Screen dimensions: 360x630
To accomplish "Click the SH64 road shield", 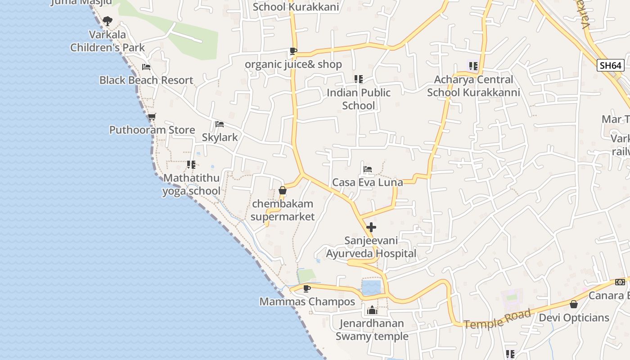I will click(x=611, y=65).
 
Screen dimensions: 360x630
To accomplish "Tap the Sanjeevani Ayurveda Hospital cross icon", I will click(x=371, y=227).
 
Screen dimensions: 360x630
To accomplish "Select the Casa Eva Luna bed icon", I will click(x=368, y=169).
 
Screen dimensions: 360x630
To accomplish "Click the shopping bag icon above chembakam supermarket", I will click(x=283, y=190).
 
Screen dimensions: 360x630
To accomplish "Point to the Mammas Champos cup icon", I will click(x=307, y=288).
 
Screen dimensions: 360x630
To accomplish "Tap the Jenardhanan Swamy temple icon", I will click(x=372, y=310).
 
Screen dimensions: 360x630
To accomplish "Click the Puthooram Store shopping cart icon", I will click(x=152, y=117).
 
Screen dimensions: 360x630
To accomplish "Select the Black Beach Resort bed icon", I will click(x=146, y=67).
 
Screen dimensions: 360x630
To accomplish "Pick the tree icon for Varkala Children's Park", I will click(x=108, y=21).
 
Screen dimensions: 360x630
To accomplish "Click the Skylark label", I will click(x=220, y=137).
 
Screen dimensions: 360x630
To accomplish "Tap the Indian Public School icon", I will click(x=358, y=79).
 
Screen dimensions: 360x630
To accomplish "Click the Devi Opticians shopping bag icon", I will click(x=574, y=305).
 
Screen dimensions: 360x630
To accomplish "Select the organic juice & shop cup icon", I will click(x=293, y=51).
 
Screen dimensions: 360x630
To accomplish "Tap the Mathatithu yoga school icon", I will click(x=191, y=165).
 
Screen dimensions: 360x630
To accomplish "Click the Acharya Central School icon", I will click(x=473, y=66).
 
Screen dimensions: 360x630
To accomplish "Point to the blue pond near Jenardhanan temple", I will click(x=371, y=287).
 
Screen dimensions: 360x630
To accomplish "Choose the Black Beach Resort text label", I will click(x=146, y=81).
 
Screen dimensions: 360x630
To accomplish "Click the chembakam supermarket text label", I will click(x=283, y=210).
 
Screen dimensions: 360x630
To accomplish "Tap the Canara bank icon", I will click(x=620, y=282).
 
